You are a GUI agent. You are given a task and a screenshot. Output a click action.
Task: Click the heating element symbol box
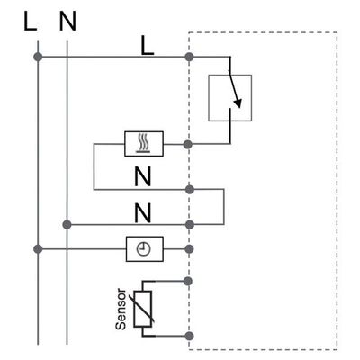click(x=144, y=144)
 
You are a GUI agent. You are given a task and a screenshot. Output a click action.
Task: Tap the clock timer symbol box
click(x=145, y=249)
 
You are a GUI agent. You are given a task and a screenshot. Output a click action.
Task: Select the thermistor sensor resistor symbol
click(x=143, y=309)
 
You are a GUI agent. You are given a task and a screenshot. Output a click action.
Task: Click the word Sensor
click(x=121, y=309)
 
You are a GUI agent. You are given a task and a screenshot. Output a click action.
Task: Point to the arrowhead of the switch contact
click(x=238, y=103)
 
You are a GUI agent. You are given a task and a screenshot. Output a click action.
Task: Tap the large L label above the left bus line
click(x=30, y=21)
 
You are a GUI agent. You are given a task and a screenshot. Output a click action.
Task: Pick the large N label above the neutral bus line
click(x=67, y=21)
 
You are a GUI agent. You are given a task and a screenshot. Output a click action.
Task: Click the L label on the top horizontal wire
click(x=148, y=47)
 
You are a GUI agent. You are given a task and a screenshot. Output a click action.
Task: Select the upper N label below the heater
click(x=143, y=176)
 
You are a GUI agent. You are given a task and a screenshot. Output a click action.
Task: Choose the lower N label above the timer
click(x=143, y=212)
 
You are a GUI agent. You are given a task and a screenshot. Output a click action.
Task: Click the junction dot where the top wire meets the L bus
click(x=38, y=57)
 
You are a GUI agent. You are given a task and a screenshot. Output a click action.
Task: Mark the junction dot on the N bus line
click(x=67, y=224)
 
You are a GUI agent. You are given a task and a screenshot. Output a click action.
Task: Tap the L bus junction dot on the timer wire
click(x=38, y=249)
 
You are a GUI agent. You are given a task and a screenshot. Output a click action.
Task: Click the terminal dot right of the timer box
click(x=189, y=249)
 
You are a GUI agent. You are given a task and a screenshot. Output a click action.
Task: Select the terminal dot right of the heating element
click(x=188, y=144)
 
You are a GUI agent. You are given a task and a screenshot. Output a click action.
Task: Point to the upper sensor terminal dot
click(x=188, y=281)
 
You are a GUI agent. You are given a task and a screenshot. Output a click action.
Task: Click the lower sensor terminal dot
click(x=189, y=336)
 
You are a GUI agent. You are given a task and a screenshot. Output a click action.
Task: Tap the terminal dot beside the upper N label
click(x=189, y=190)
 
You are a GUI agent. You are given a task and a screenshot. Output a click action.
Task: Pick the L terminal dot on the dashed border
click(x=189, y=57)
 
